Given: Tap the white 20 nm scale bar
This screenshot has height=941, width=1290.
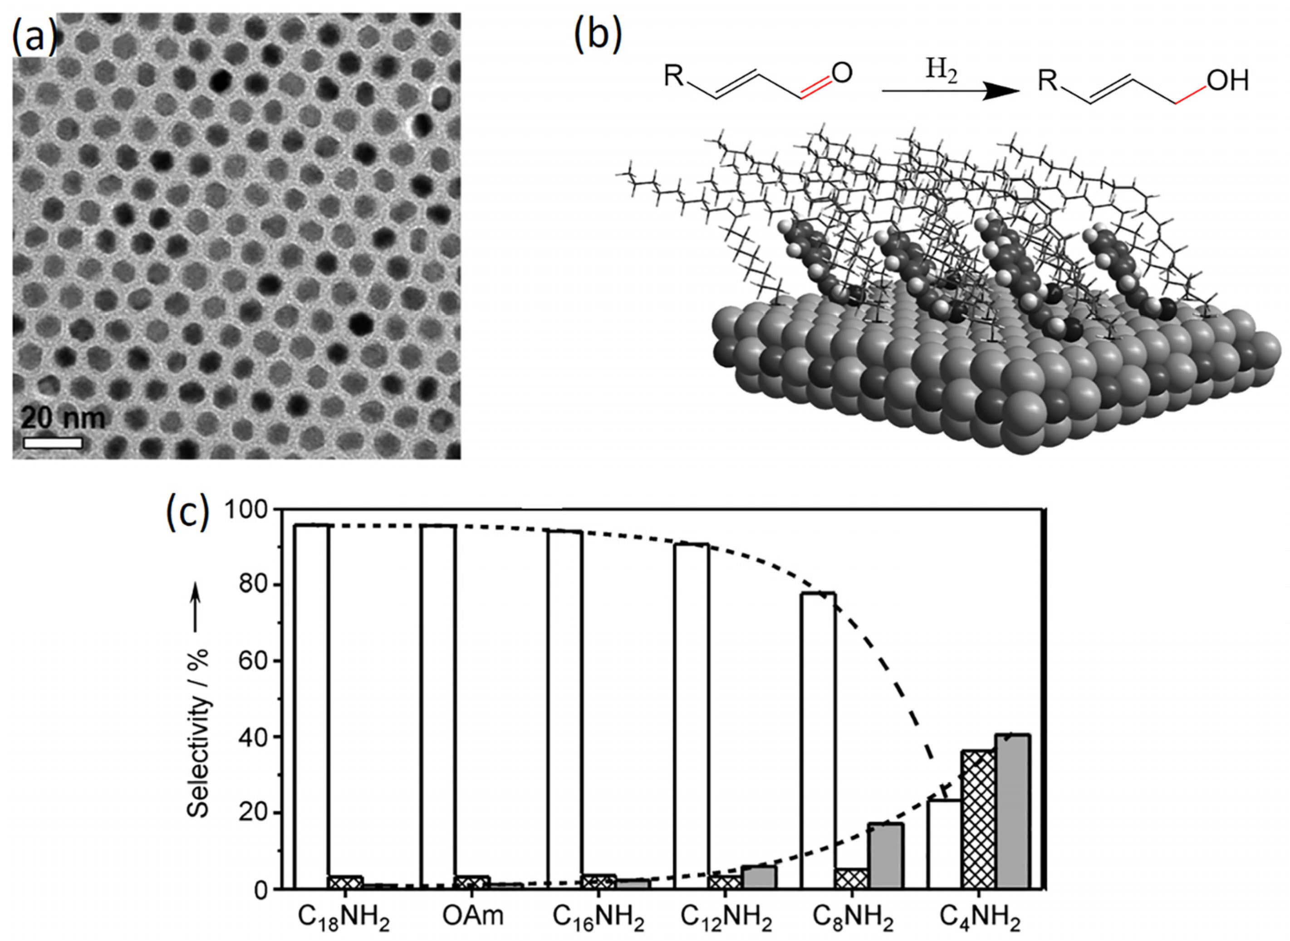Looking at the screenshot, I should (53, 442).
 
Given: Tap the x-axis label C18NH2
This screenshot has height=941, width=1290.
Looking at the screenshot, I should (344, 919).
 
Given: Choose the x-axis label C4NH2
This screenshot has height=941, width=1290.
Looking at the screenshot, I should (979, 919).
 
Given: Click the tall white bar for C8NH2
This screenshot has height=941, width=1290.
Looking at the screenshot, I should (819, 752).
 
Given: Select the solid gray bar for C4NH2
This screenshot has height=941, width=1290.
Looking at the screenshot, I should (1014, 826).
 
